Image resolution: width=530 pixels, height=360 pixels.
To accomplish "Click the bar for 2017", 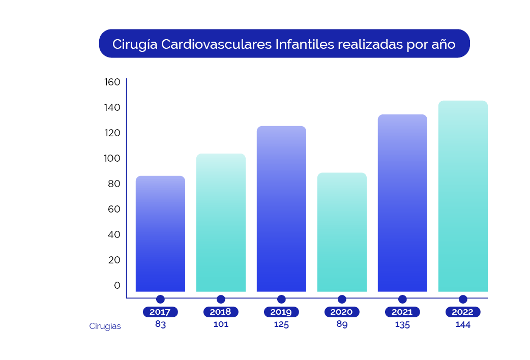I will tap(160, 234).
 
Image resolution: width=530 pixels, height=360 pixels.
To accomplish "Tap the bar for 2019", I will tap(281, 209).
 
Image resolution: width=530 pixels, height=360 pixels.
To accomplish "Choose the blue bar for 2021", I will tap(402, 203).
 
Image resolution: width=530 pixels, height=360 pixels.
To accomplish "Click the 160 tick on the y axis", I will tap(112, 82).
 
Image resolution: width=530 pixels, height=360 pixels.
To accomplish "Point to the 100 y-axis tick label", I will tap(112, 158).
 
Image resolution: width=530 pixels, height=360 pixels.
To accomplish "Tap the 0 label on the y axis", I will tap(117, 285).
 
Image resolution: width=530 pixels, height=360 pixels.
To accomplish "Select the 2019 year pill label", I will tap(281, 312).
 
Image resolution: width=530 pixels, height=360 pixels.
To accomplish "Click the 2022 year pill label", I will tap(463, 312).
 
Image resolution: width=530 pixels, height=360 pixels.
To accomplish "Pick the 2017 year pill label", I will tap(160, 312).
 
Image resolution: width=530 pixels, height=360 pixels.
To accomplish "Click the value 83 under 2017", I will tap(160, 324).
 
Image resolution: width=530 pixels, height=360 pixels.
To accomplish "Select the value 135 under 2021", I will tap(402, 324).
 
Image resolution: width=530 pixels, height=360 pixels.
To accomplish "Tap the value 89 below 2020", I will tap(342, 324).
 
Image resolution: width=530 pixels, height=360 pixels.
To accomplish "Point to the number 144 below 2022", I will tap(463, 324).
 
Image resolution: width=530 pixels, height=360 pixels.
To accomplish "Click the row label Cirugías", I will tap(105, 326).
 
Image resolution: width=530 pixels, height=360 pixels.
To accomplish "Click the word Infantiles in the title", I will tap(305, 44).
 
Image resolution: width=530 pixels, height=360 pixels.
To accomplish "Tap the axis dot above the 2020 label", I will tap(342, 299).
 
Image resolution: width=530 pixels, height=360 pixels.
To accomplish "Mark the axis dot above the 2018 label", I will tap(221, 299).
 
